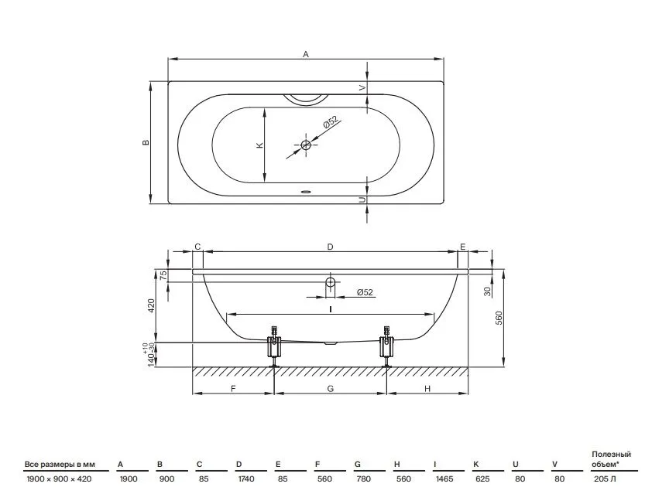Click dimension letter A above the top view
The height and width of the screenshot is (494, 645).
click(306, 54)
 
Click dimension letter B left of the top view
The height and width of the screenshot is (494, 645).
click(146, 142)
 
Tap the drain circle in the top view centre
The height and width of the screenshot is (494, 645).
click(306, 145)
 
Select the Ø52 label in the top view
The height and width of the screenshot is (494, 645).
click(331, 122)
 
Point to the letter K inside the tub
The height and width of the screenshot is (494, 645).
click(259, 145)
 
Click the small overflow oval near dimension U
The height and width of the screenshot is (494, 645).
click(306, 192)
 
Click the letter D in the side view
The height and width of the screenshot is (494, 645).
click(330, 247)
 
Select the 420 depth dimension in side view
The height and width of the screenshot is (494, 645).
click(151, 305)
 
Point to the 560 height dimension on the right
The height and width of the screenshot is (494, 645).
click(499, 319)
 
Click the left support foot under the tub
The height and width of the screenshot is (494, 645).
click(273, 347)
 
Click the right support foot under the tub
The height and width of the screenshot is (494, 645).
click(386, 347)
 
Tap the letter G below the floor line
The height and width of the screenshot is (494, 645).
click(331, 388)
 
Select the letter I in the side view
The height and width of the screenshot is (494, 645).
click(330, 309)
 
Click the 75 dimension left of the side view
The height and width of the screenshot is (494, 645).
click(163, 274)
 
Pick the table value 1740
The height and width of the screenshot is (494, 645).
click(246, 479)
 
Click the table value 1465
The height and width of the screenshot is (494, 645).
click(444, 479)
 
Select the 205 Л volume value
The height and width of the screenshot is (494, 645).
click(605, 479)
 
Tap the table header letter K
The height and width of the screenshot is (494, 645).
click(476, 465)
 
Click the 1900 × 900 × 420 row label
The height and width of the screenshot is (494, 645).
click(59, 479)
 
